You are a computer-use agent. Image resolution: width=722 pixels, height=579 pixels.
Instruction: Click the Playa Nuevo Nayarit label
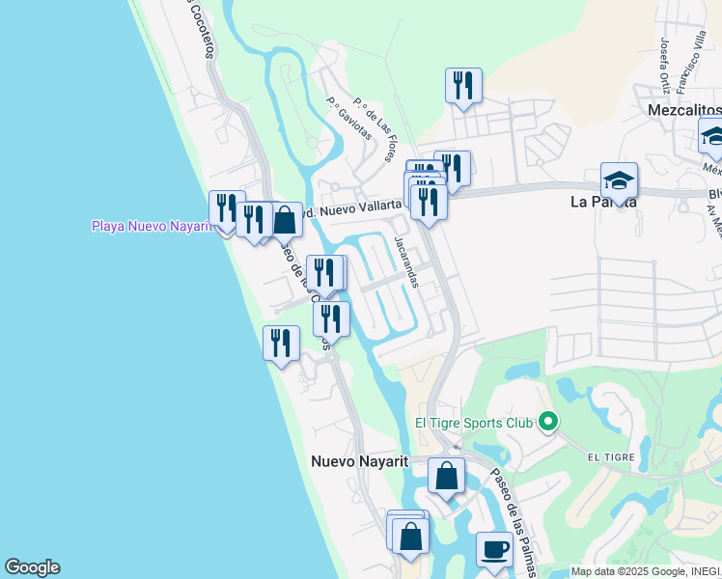(151, 226)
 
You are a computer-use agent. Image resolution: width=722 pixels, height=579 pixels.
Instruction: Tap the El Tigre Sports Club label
(474, 422)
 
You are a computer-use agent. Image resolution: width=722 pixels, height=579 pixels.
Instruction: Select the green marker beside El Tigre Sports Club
(548, 421)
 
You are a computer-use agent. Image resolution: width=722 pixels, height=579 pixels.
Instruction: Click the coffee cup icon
(495, 549)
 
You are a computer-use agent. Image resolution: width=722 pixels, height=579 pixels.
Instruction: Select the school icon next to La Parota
(619, 180)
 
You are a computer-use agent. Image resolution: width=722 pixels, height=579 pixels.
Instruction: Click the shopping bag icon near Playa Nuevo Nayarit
(285, 220)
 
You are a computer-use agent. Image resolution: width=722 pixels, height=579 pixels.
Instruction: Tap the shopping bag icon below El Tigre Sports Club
(446, 475)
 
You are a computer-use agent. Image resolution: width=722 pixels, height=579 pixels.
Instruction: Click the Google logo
(32, 567)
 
